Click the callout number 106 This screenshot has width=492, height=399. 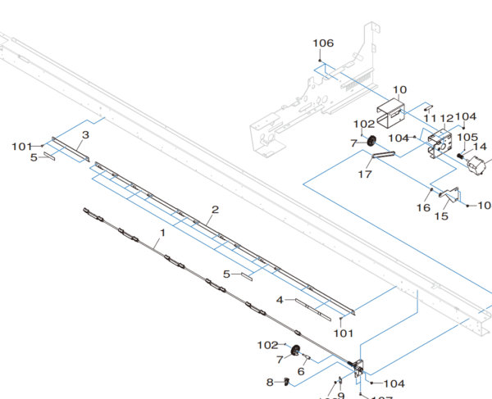coord(323,43)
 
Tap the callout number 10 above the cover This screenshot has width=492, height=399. coord(400,90)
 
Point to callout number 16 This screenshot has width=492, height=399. coord(424,208)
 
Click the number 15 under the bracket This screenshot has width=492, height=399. coord(441,217)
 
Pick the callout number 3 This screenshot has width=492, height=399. coord(85,134)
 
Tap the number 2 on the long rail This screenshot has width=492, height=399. coord(215,210)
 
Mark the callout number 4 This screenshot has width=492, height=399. coord(280,300)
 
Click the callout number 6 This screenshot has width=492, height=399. coord(301,371)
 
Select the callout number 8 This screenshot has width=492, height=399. coord(270,382)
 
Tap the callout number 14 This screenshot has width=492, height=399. coord(480,147)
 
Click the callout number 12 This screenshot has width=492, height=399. coord(447,119)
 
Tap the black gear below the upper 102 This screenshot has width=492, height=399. coord(371,140)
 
